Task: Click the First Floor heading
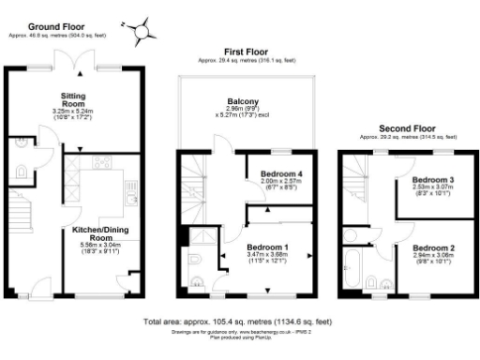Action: pyautogui.click(x=247, y=52)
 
